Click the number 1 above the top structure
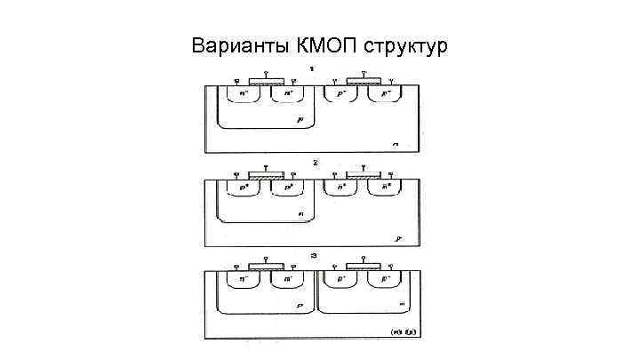[x=312, y=69]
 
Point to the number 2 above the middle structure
[x=314, y=164]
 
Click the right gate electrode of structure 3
[x=362, y=266]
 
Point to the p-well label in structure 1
[x=300, y=117]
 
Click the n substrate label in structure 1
[x=395, y=143]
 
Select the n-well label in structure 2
[x=300, y=213]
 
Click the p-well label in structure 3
[x=300, y=306]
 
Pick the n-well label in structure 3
[x=402, y=306]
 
